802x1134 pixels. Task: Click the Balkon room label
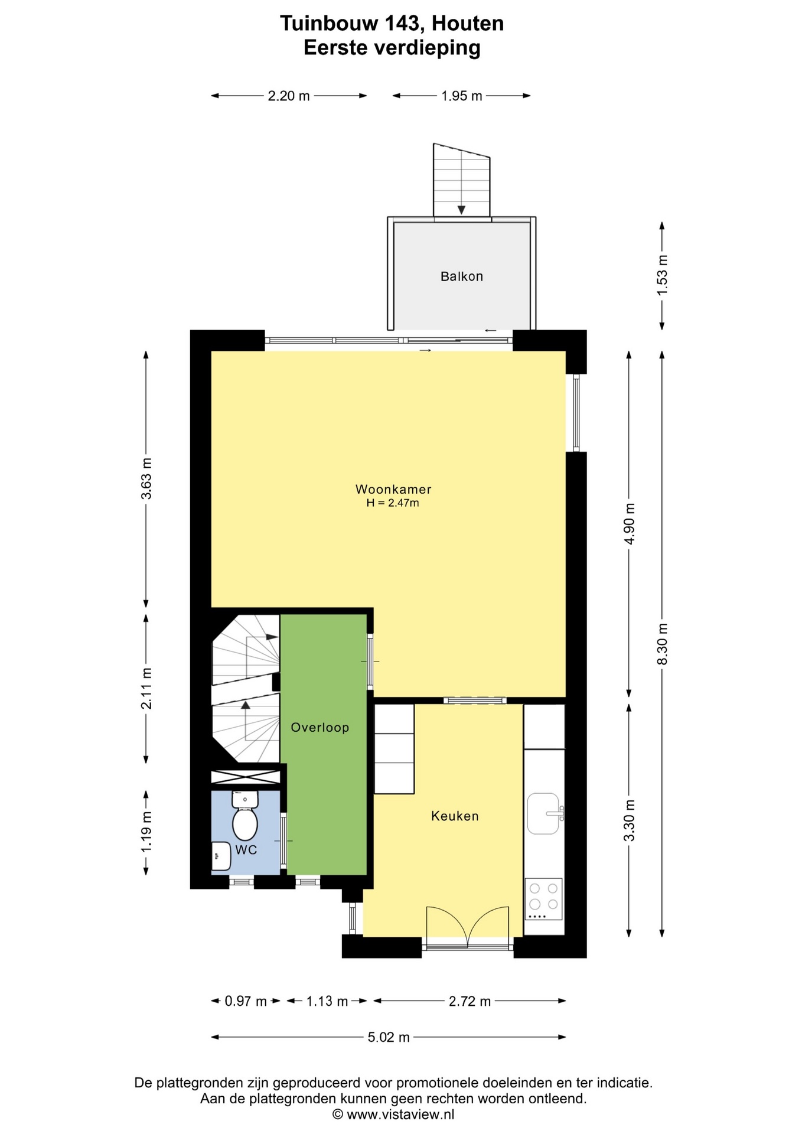coord(461,276)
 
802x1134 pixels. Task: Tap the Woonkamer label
coord(393,489)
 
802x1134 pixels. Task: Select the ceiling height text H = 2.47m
coord(393,503)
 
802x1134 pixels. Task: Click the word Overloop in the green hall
coord(320,728)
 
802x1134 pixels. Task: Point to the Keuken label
coord(455,816)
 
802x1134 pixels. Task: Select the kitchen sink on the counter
coord(545,813)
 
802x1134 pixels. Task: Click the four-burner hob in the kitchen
coord(543,899)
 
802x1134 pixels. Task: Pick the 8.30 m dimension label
coord(663,644)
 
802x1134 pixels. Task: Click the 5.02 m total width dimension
coord(389,1037)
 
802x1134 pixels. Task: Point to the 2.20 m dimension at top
coord(289,96)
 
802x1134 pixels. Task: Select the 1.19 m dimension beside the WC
coord(146,832)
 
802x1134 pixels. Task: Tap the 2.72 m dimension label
coord(470,1001)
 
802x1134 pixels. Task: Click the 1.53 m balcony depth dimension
coord(663,276)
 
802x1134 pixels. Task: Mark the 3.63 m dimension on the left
coord(146,478)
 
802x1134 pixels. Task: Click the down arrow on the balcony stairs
coord(461,210)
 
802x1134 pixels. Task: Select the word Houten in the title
coord(468,24)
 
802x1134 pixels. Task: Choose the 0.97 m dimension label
coord(246,1001)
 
